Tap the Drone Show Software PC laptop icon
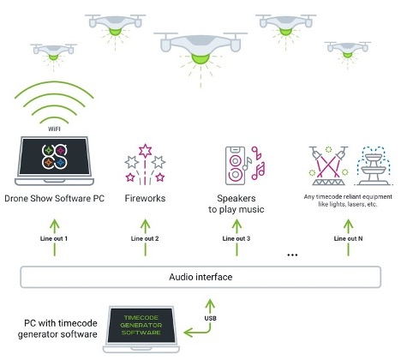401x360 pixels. click(56, 162)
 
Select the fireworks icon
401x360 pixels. click(143, 163)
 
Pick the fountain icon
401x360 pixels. click(373, 165)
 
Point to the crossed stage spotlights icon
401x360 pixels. click(329, 165)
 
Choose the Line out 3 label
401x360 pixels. click(236, 237)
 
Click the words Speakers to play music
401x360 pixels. click(242, 203)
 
